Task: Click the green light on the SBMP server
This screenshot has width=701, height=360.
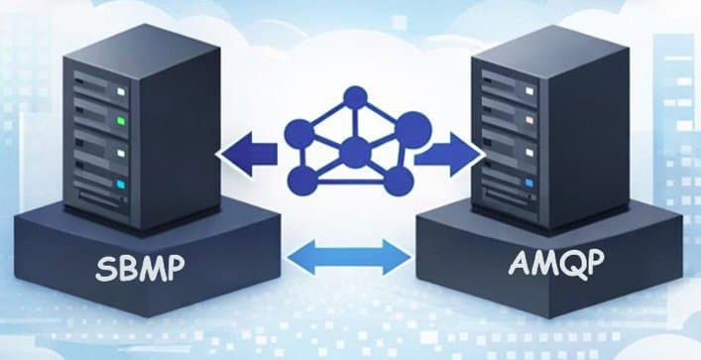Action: pos(120,124)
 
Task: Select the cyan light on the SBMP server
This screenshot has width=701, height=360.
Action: pos(120,184)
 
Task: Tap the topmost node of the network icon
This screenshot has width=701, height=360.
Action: pos(354,98)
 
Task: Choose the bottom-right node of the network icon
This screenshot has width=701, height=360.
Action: pos(397,180)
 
